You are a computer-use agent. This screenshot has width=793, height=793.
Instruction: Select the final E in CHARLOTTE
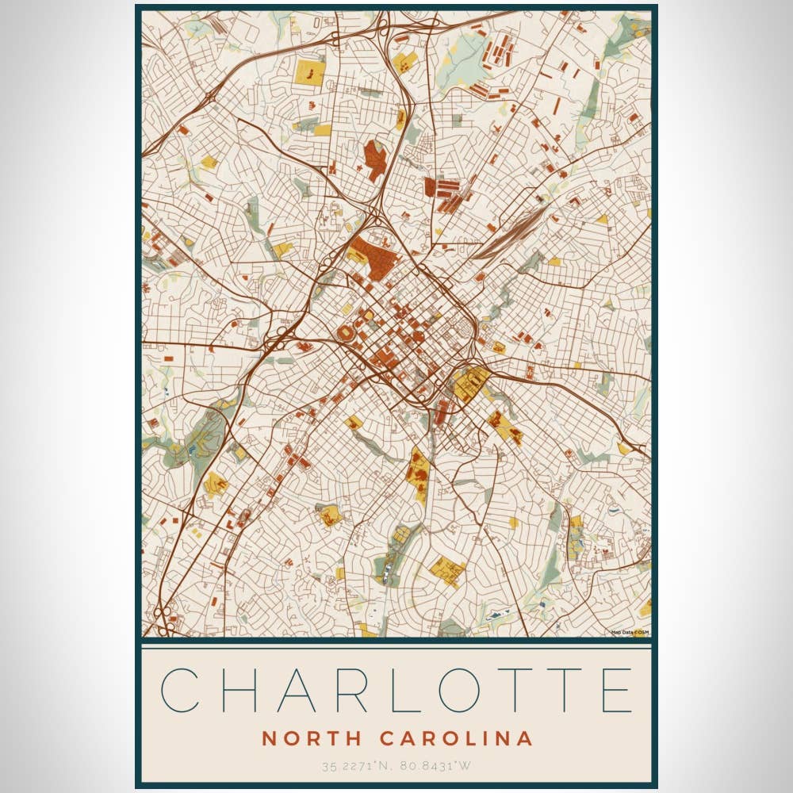[x=617, y=690]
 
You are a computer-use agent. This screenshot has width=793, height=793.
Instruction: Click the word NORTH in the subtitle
[x=312, y=738]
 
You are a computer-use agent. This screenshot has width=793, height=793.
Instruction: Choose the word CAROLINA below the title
[x=456, y=738]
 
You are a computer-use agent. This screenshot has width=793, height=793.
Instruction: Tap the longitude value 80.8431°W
[x=435, y=766]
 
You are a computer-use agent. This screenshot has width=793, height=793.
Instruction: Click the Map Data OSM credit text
[x=630, y=632]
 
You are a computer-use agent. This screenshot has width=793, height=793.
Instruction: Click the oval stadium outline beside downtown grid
[x=347, y=333]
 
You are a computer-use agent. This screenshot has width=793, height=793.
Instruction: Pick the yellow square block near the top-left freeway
[x=308, y=72]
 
